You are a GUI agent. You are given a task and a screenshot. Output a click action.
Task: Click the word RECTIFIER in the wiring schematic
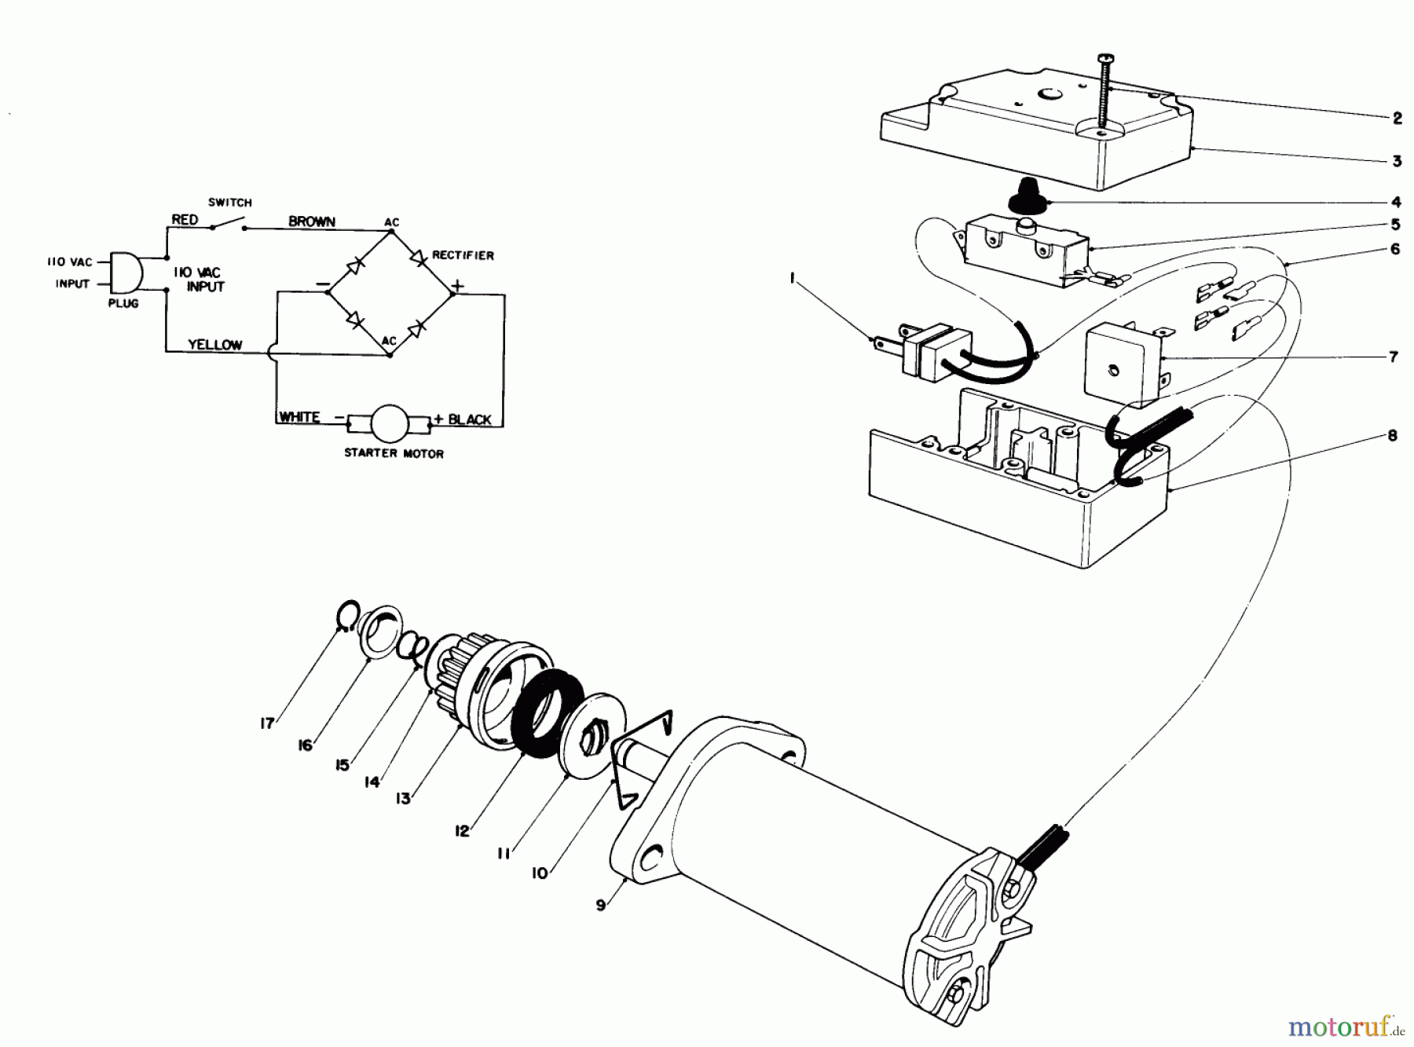pyautogui.click(x=463, y=255)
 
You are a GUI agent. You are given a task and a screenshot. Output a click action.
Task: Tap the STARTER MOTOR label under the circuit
pyautogui.click(x=394, y=454)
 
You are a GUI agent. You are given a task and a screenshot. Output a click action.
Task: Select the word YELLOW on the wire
pyautogui.click(x=214, y=345)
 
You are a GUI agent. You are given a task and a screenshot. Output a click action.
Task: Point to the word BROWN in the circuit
pyautogui.click(x=312, y=221)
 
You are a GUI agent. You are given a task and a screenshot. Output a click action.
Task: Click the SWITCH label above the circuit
pyautogui.click(x=229, y=203)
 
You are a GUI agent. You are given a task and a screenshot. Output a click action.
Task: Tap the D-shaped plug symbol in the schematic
pyautogui.click(x=126, y=273)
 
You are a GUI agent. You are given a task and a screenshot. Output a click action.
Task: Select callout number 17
pyautogui.click(x=267, y=723)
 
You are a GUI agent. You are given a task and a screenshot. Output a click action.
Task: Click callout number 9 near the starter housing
pyautogui.click(x=601, y=905)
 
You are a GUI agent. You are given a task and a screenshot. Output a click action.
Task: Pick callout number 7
pyautogui.click(x=1394, y=357)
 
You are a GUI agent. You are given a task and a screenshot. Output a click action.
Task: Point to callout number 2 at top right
pyautogui.click(x=1397, y=119)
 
